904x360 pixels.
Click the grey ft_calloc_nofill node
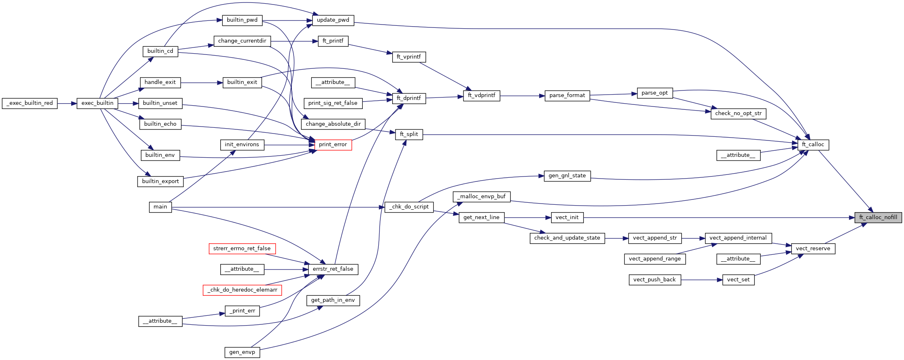click(878, 217)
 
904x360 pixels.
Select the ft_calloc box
click(813, 145)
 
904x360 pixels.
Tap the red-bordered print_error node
click(333, 145)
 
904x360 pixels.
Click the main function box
click(160, 207)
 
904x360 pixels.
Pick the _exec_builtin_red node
click(29, 103)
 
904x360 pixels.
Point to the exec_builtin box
click(97, 103)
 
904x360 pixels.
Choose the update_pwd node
click(333, 20)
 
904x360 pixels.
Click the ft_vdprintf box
click(481, 95)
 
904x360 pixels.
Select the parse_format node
click(567, 95)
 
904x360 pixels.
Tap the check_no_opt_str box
click(738, 113)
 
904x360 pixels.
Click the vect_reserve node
click(813, 249)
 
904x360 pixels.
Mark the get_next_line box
click(481, 217)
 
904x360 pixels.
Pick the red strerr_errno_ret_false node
click(242, 249)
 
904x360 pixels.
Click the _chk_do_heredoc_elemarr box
click(242, 290)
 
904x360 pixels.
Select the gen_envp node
click(242, 352)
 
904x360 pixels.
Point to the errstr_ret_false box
click(333, 269)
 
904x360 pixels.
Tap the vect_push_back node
click(654, 280)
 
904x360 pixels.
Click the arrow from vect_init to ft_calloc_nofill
click(716, 217)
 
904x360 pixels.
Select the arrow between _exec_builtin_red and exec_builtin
click(67, 103)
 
